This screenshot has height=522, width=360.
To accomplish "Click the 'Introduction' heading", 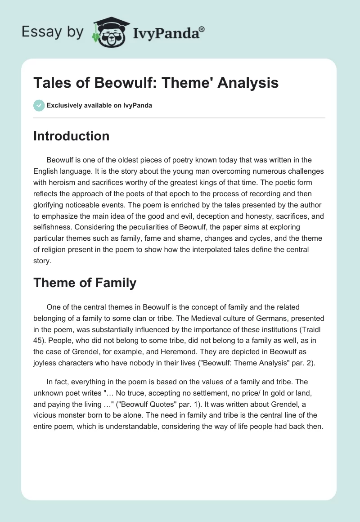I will click(x=71, y=136).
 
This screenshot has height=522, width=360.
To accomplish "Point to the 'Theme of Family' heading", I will click(x=85, y=283).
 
